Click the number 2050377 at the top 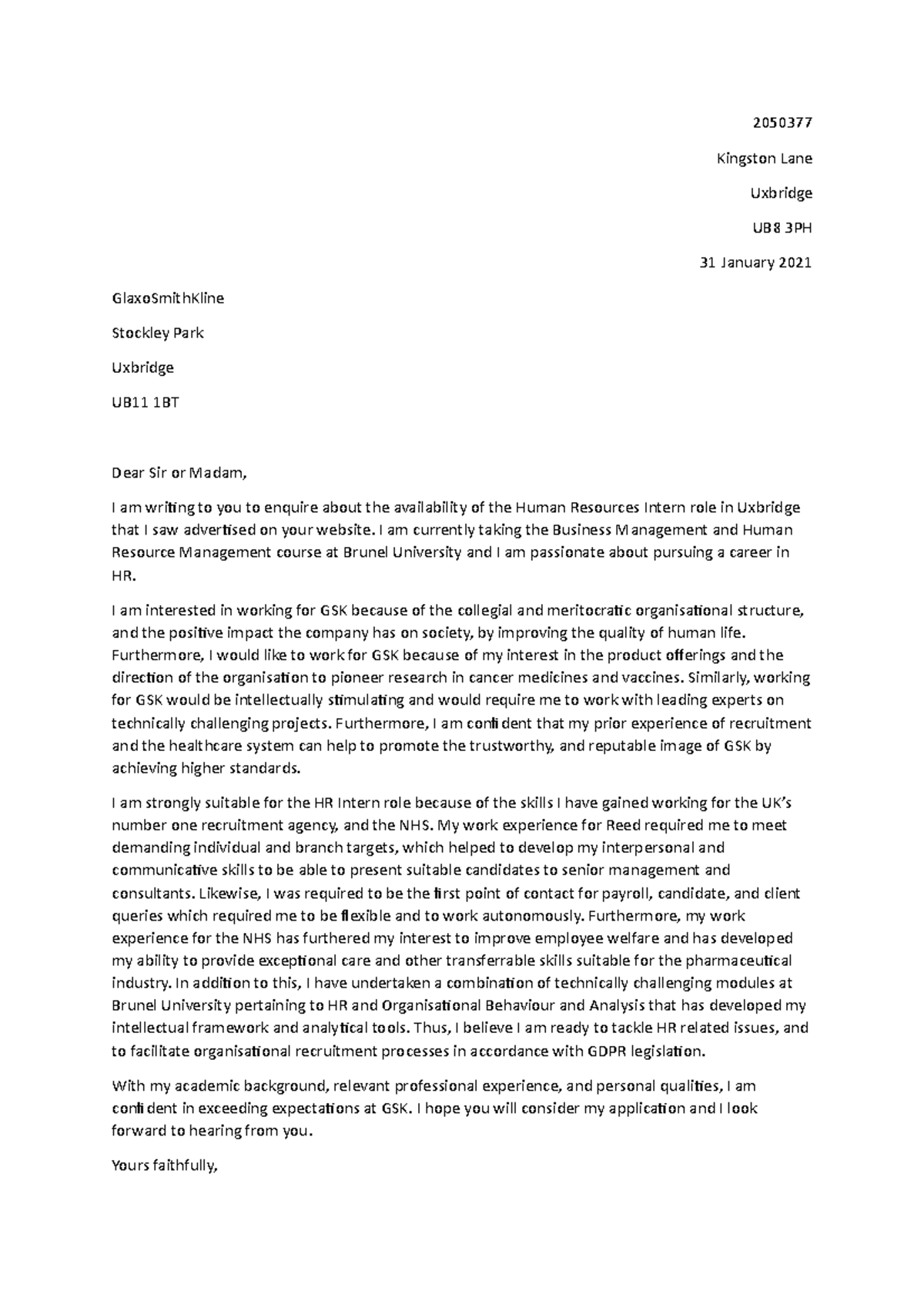782,123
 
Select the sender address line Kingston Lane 764,159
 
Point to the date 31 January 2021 755,263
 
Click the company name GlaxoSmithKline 168,298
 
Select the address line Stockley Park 158,333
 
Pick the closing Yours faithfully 166,1166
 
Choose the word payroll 631,894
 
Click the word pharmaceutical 738,961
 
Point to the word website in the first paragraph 350,530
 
